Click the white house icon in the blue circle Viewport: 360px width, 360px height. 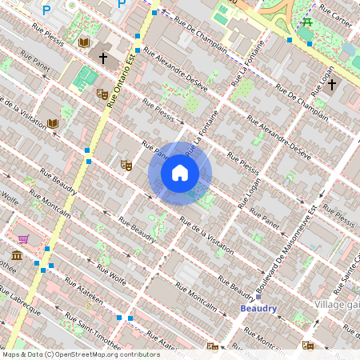(x=180, y=172)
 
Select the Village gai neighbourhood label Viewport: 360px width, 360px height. (x=336, y=305)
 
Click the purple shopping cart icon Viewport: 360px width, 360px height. (x=24, y=238)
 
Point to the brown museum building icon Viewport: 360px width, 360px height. (x=17, y=255)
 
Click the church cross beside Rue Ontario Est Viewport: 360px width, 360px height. (x=102, y=57)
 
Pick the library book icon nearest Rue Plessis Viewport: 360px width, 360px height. (x=84, y=41)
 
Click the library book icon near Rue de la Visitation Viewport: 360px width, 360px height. (x=53, y=124)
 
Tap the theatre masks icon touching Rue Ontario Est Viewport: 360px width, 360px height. (x=102, y=94)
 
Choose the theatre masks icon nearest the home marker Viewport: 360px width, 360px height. (x=126, y=165)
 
